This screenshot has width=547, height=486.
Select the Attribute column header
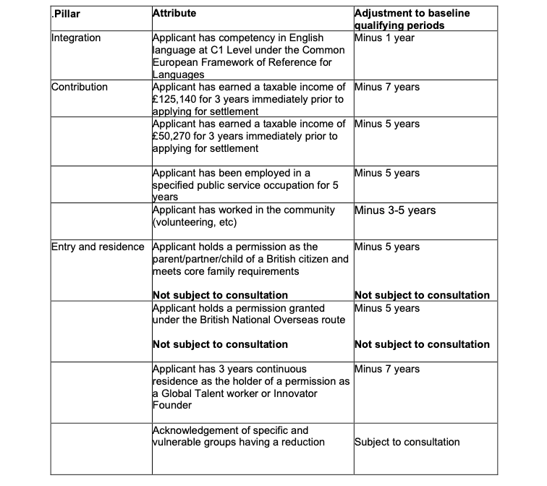click(x=174, y=13)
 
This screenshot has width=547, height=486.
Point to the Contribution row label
click(x=80, y=87)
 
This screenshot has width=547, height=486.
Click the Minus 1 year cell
click(x=385, y=38)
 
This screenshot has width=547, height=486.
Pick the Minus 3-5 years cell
click(x=394, y=210)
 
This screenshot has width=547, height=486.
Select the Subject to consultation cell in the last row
click(x=407, y=442)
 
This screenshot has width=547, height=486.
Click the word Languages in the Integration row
click(x=179, y=74)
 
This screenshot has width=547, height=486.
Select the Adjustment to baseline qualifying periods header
click(x=412, y=19)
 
